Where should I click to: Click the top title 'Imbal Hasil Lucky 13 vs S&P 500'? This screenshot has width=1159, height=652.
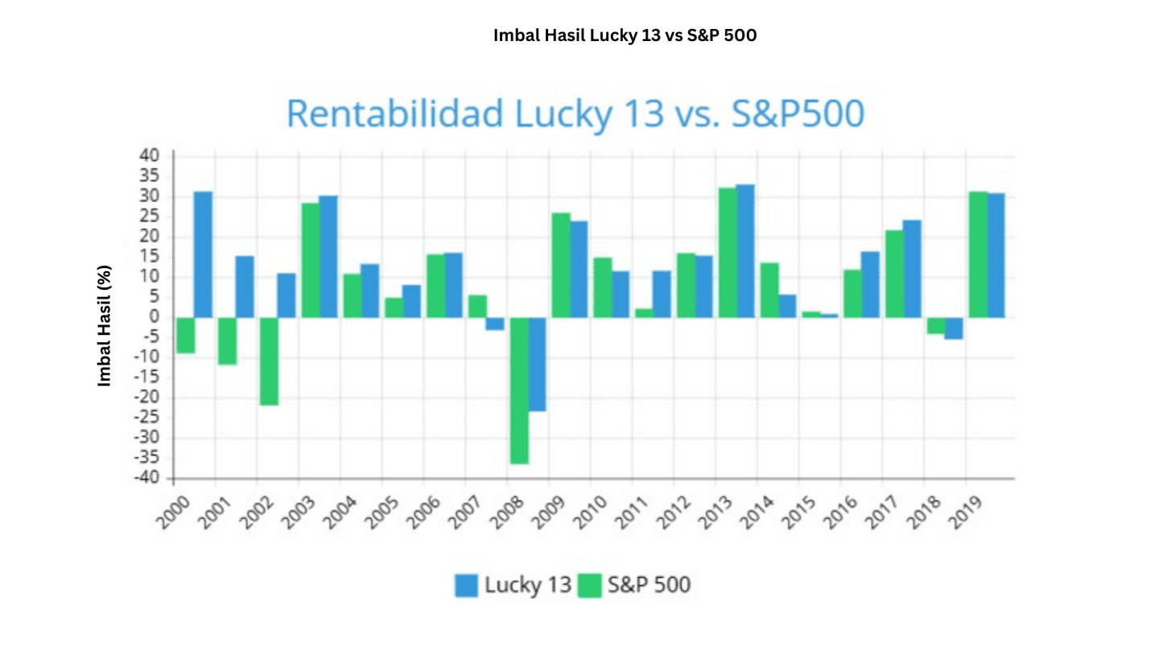pyautogui.click(x=625, y=35)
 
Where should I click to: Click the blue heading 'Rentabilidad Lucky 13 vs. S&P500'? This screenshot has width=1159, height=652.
pyautogui.click(x=575, y=113)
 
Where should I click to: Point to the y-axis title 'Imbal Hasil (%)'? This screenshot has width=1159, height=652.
pyautogui.click(x=105, y=326)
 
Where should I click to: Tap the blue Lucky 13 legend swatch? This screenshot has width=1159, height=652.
pyautogui.click(x=466, y=585)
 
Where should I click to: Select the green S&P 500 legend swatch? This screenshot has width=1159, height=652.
pyautogui.click(x=591, y=585)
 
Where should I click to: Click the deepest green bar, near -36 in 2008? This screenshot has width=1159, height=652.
pyautogui.click(x=518, y=390)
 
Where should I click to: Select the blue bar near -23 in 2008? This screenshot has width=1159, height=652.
pyautogui.click(x=537, y=364)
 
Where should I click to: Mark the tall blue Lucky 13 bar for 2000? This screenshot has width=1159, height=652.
pyautogui.click(x=204, y=254)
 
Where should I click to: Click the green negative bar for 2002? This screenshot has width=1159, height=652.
pyautogui.click(x=269, y=361)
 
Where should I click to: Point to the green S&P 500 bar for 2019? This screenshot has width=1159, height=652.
pyautogui.click(x=978, y=254)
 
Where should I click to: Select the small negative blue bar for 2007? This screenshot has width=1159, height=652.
pyautogui.click(x=495, y=324)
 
